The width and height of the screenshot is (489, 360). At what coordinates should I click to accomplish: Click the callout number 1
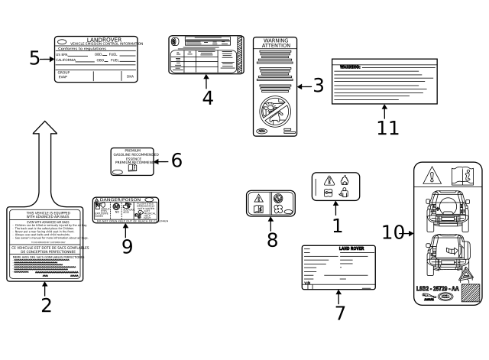(337, 225)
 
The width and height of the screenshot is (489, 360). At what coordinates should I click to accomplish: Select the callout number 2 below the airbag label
(46, 306)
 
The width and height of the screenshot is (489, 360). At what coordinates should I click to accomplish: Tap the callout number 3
(318, 86)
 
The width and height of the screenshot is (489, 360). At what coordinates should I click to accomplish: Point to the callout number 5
(34, 58)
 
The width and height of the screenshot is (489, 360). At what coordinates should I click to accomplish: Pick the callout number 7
(340, 313)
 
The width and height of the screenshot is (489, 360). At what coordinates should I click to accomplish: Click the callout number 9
(127, 245)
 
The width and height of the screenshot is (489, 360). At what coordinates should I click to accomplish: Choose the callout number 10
(393, 232)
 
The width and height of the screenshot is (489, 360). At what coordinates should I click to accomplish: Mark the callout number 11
(388, 127)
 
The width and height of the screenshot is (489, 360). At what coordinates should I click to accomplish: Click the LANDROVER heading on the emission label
(96, 38)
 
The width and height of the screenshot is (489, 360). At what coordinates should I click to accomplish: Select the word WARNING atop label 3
(276, 41)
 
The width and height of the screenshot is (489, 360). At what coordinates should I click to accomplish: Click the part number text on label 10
(438, 287)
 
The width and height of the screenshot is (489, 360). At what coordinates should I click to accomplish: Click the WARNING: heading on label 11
(350, 67)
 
